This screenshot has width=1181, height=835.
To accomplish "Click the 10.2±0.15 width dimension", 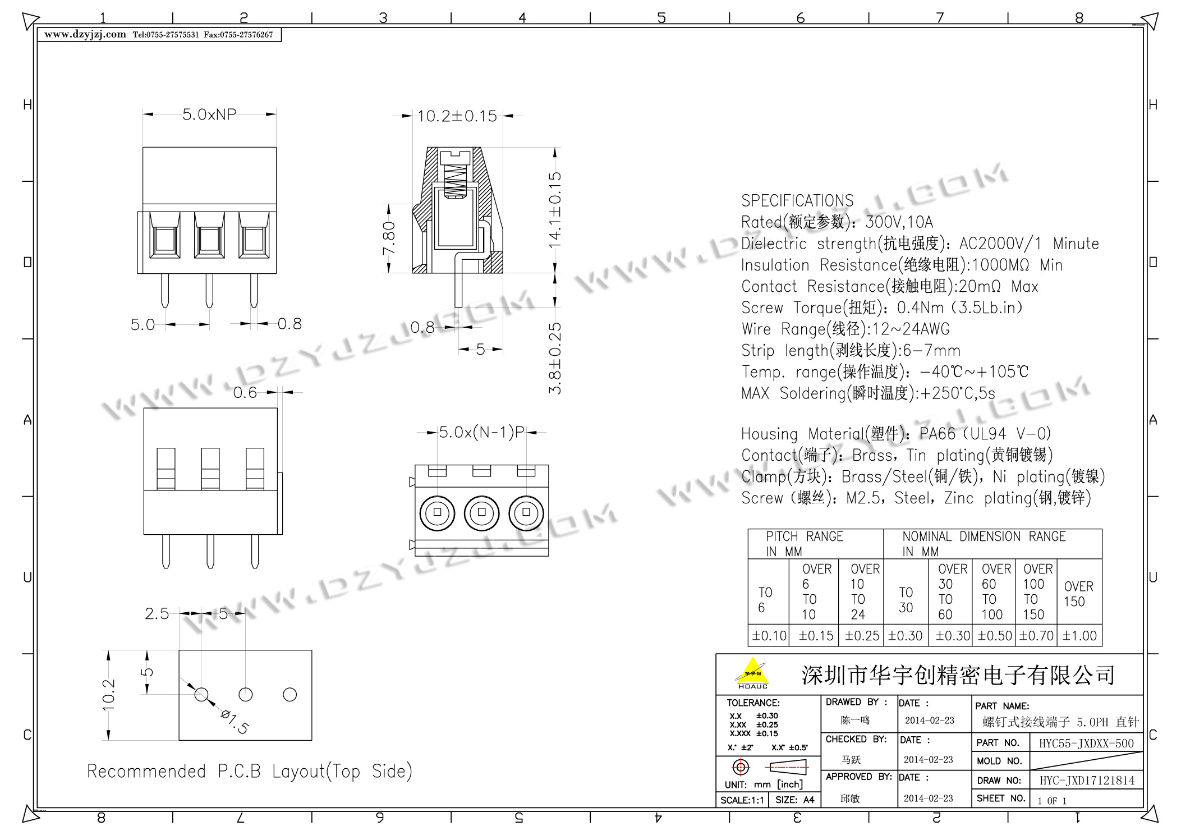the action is click(x=457, y=116).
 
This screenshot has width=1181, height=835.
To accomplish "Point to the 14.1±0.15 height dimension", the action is click(x=554, y=210).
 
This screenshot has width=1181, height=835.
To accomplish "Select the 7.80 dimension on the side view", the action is click(x=389, y=238).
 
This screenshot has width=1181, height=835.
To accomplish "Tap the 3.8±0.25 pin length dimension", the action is click(x=554, y=358).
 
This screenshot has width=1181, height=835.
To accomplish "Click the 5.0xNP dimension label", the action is click(x=209, y=114).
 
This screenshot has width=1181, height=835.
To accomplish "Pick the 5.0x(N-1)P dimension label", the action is click(x=481, y=432).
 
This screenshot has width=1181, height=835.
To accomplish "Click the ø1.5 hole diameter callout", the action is click(x=235, y=722).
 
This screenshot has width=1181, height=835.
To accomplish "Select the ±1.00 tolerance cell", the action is click(x=1079, y=636).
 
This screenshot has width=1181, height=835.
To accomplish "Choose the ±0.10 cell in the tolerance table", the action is click(x=769, y=636).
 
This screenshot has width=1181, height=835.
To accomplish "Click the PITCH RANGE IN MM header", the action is click(x=805, y=544).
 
